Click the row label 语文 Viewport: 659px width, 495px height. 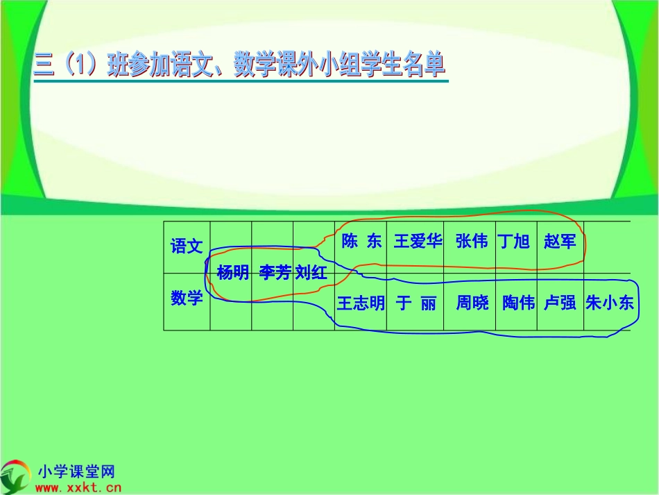click(x=187, y=246)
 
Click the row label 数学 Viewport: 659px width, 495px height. click(x=187, y=299)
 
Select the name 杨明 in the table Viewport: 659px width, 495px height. click(x=232, y=273)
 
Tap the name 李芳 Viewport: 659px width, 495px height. click(x=275, y=273)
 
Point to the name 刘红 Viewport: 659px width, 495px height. click(x=311, y=273)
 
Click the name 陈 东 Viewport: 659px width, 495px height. click(x=361, y=242)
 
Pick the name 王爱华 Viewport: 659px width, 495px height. click(x=418, y=242)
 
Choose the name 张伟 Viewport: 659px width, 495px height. click(x=472, y=242)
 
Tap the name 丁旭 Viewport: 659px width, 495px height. click(x=514, y=242)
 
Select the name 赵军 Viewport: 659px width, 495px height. click(x=560, y=242)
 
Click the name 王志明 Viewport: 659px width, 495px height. click(x=361, y=303)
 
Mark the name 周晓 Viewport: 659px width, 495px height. click(x=472, y=303)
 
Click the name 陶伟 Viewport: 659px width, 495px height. click(x=518, y=303)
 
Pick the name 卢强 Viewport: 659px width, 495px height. click(x=560, y=303)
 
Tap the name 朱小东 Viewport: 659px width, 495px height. click(x=610, y=303)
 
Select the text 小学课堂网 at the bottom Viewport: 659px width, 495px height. click(x=76, y=472)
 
